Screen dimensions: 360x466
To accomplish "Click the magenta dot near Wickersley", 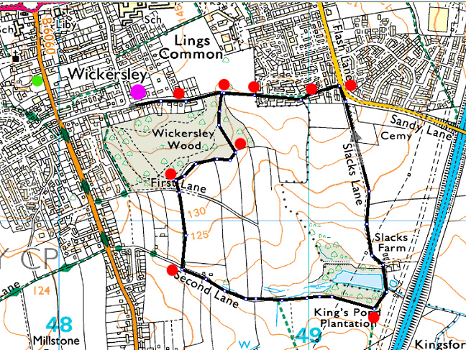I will point(137,91).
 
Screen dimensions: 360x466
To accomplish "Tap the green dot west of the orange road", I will point(37,80).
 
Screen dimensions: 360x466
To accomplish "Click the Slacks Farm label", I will point(391,243).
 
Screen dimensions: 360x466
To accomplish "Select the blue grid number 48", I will point(60,323).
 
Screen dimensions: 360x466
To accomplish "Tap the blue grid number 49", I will point(309,334).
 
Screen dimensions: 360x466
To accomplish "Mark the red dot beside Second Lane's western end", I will point(171,270).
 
